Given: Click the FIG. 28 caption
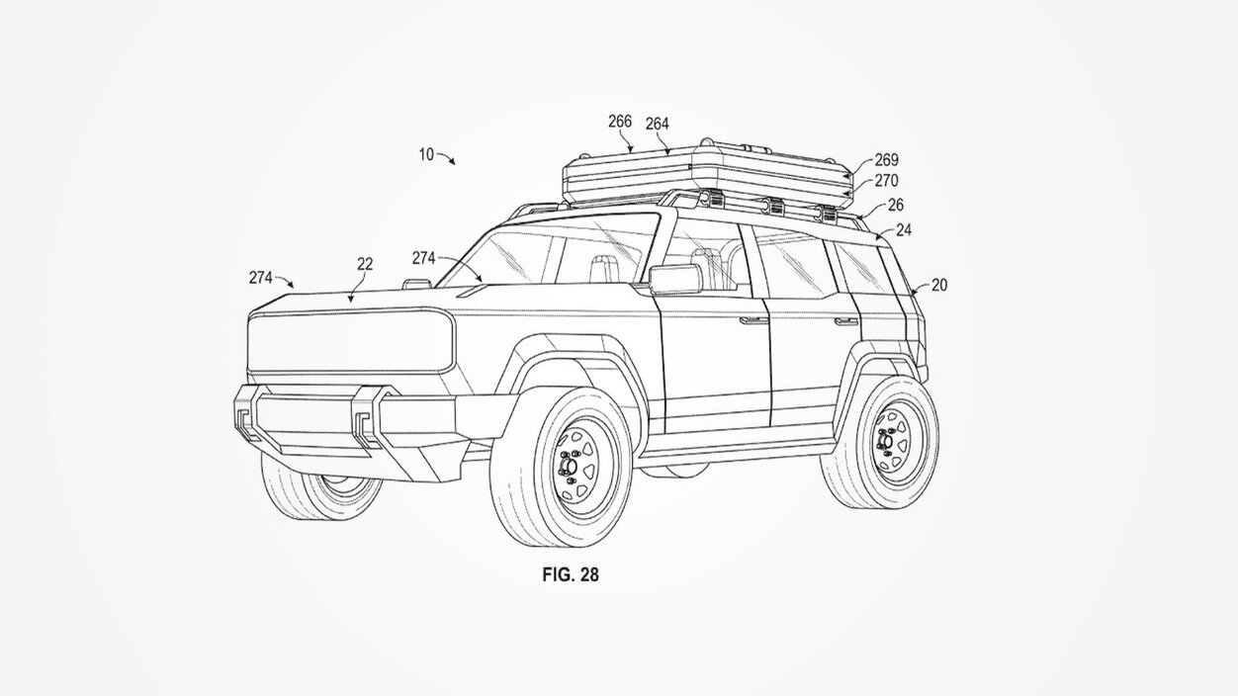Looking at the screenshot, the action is tap(571, 575).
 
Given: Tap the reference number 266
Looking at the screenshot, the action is tap(620, 122).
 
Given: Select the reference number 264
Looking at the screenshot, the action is tap(658, 125).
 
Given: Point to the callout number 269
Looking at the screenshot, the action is tap(887, 160).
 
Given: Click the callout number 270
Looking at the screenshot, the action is tap(887, 181).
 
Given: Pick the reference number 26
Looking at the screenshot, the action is tap(895, 206).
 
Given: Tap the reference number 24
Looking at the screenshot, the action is tap(904, 229).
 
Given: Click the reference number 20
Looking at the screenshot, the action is tap(939, 285).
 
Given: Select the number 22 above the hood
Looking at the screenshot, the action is tap(365, 264).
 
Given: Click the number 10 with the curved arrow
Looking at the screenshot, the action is tap(426, 154).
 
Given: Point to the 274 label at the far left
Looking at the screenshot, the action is tap(260, 278).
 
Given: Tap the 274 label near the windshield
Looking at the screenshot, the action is tap(424, 258).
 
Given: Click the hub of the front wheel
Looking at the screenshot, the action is tap(569, 467).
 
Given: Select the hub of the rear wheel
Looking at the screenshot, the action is tap(885, 441).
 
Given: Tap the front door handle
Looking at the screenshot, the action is tap(752, 320).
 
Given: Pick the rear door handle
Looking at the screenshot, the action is tap(845, 321).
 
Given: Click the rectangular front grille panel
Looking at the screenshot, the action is tap(351, 340).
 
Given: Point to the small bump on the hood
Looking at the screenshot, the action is tap(416, 284).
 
